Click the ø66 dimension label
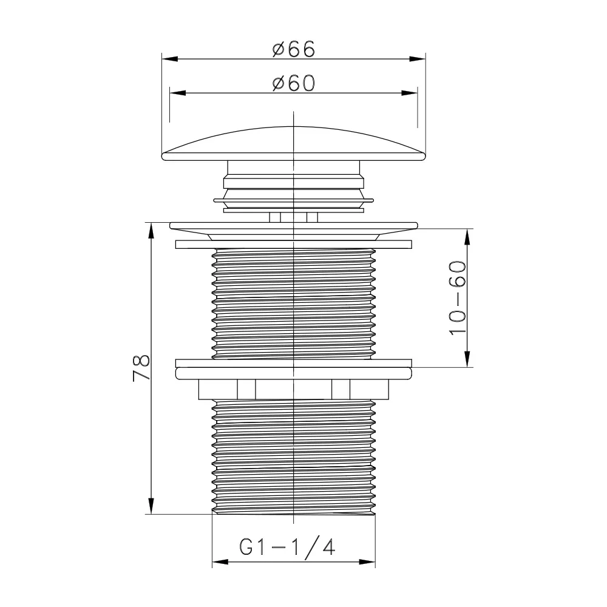coord(293,49)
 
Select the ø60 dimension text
coord(293,83)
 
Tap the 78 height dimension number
coord(141,368)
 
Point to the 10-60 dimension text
coord(458,298)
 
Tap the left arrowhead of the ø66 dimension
coord(170,59)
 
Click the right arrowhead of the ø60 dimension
coord(410,93)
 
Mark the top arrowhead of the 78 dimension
coord(151,231)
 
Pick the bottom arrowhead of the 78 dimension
coord(151,506)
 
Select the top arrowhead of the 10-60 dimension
coord(467,237)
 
